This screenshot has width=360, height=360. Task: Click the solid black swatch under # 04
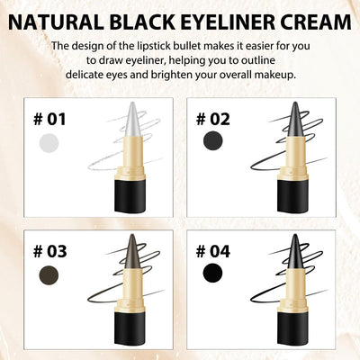(211, 274)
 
